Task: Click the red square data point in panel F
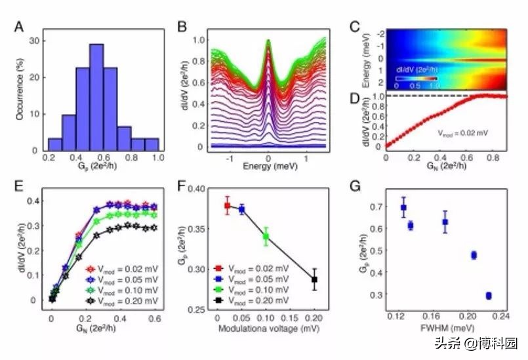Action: (x=228, y=206)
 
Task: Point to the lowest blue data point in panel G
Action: (x=489, y=296)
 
